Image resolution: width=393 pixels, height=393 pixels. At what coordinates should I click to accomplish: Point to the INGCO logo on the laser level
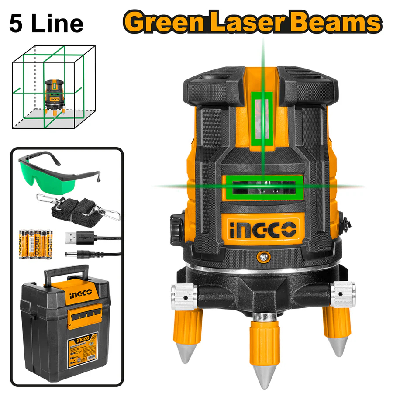[262, 228]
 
